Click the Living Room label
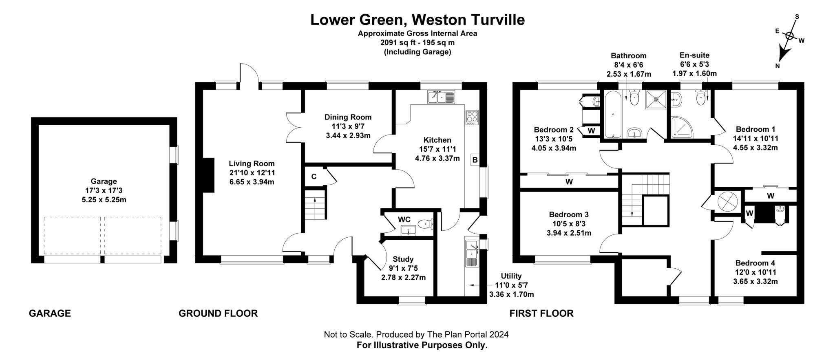[252, 163]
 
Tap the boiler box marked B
[475, 160]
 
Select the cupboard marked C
[314, 177]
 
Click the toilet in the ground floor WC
[426, 224]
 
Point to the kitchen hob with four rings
[472, 118]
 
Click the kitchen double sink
[441, 97]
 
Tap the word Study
[403, 259]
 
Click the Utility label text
[511, 276]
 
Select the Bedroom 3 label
[568, 214]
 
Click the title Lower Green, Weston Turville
[417, 20]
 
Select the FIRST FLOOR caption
[541, 313]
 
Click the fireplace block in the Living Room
[209, 175]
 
